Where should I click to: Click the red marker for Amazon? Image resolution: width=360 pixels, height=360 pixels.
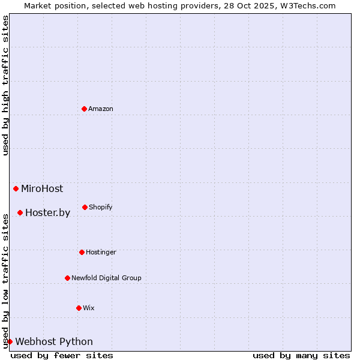tap(85, 109)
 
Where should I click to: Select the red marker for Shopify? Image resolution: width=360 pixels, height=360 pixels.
tap(85, 207)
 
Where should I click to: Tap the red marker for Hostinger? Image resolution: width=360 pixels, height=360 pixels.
tap(82, 252)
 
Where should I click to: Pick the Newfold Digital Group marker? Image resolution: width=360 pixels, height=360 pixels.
tap(68, 278)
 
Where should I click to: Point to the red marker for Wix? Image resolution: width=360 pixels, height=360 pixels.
tap(79, 308)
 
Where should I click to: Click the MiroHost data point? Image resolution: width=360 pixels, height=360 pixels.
tap(16, 188)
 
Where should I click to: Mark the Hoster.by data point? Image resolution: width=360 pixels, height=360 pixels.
tap(20, 212)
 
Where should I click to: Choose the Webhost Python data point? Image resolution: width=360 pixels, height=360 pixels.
tap(10, 341)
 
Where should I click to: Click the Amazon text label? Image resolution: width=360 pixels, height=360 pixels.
tap(101, 109)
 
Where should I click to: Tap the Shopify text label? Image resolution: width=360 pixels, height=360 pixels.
tap(101, 207)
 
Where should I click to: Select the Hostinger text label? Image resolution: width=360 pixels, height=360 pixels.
tap(101, 252)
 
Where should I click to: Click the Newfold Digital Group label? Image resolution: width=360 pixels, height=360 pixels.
tap(106, 278)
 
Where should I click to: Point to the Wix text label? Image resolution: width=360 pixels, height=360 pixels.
tap(89, 308)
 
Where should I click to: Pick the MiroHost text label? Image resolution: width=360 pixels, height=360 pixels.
tap(42, 188)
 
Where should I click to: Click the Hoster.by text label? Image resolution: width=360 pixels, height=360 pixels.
tap(47, 212)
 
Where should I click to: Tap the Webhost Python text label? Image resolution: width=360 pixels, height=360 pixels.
tap(54, 341)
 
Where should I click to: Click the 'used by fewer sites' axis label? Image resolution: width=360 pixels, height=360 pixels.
tap(62, 355)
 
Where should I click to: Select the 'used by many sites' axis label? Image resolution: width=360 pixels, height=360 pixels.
tap(301, 355)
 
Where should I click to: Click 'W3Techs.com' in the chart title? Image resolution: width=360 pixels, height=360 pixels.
tap(308, 5)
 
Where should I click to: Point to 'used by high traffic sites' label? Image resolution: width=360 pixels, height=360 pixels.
tap(5, 85)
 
